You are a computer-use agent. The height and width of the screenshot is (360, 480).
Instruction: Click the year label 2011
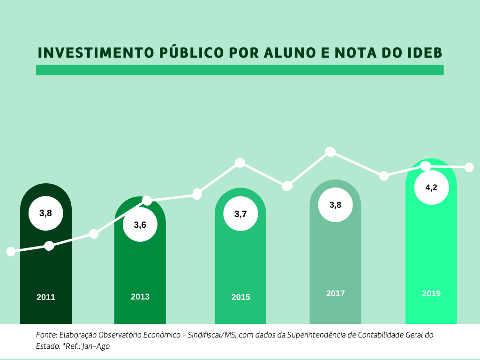[46, 297]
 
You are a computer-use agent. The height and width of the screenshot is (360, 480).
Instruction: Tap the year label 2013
[140, 297]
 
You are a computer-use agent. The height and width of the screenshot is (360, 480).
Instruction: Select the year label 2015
[240, 297]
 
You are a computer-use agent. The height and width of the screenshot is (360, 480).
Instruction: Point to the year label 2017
[336, 293]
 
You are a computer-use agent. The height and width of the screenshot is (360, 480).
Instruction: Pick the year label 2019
[431, 293]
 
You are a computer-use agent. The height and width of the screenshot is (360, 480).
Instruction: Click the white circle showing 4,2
[431, 187]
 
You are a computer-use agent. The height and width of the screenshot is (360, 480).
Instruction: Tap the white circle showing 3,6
[140, 225]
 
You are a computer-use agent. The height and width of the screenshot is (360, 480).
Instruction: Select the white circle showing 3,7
[240, 214]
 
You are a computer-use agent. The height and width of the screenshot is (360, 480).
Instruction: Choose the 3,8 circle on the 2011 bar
[46, 213]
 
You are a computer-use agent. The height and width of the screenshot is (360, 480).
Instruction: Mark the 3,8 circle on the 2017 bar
[336, 204]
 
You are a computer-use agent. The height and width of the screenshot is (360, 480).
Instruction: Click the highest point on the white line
[330, 151]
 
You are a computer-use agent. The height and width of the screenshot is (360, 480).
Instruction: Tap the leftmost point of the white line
[11, 252]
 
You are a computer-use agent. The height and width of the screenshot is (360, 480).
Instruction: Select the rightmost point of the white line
[469, 167]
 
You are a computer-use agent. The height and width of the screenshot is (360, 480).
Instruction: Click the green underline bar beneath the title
[240, 70]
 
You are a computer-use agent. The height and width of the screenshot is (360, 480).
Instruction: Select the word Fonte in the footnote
[46, 335]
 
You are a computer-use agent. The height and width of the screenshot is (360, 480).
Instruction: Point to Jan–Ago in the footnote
[98, 346]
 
